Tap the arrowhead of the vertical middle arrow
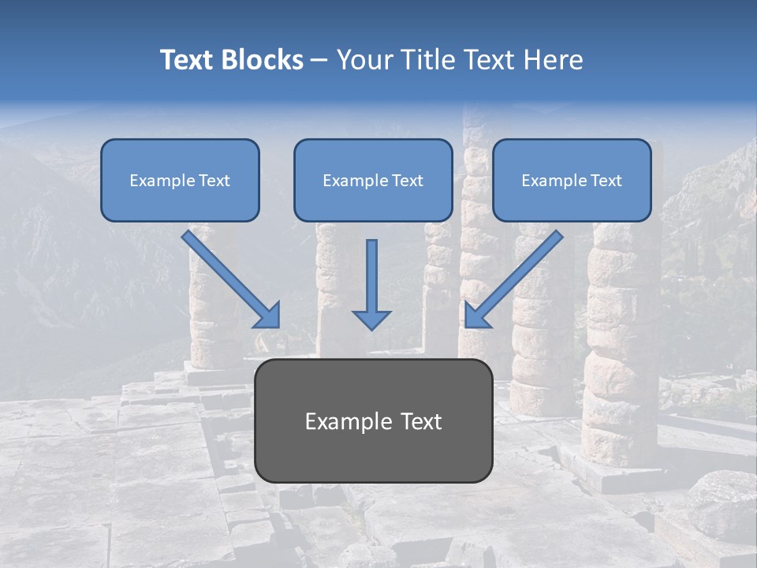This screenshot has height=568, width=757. pos(371,319)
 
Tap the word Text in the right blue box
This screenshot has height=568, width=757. pos(606,181)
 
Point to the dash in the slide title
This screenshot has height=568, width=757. pos(319,60)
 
